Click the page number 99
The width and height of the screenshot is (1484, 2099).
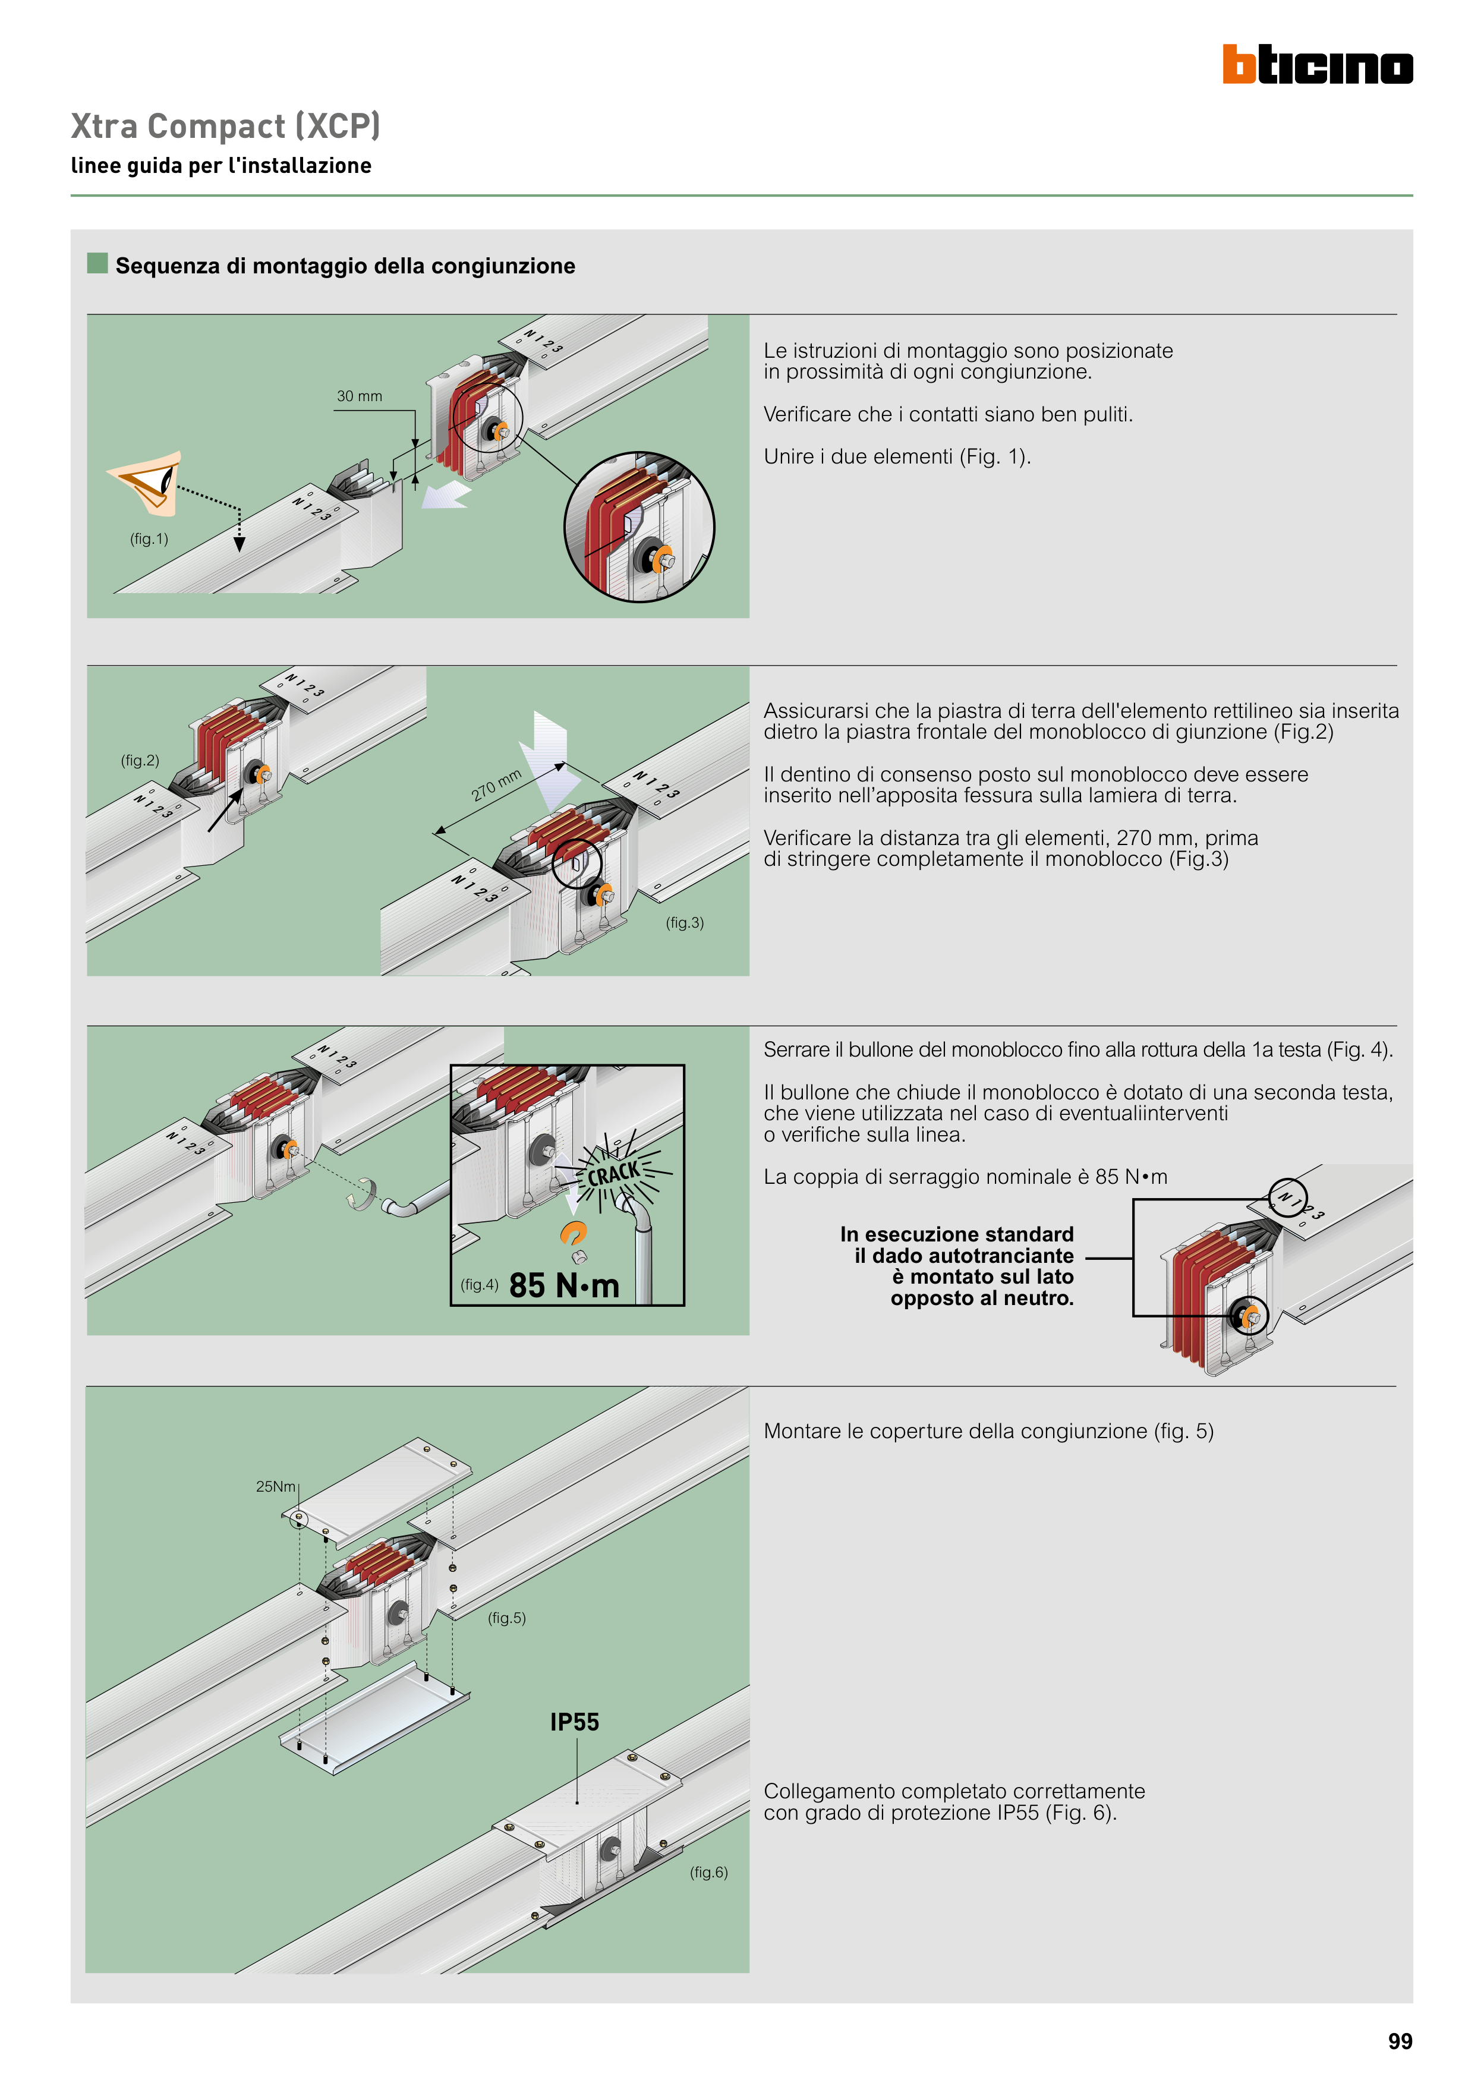(x=1399, y=2041)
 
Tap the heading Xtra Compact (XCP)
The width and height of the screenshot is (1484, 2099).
(x=225, y=126)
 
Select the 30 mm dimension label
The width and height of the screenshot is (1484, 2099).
(x=360, y=396)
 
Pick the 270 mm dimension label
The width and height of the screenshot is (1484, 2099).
(x=496, y=785)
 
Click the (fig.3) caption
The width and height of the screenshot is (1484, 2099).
(x=684, y=922)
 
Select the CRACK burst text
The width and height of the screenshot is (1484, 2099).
(x=613, y=1173)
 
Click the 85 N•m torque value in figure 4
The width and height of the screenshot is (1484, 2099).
(x=564, y=1285)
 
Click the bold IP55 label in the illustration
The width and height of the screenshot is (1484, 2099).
(x=574, y=1722)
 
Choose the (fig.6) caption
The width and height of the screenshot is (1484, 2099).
(x=708, y=1872)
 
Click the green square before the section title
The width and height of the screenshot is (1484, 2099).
(x=97, y=263)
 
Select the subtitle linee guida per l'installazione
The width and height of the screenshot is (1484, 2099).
(x=221, y=165)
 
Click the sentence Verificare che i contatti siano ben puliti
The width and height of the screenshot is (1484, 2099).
(x=947, y=414)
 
